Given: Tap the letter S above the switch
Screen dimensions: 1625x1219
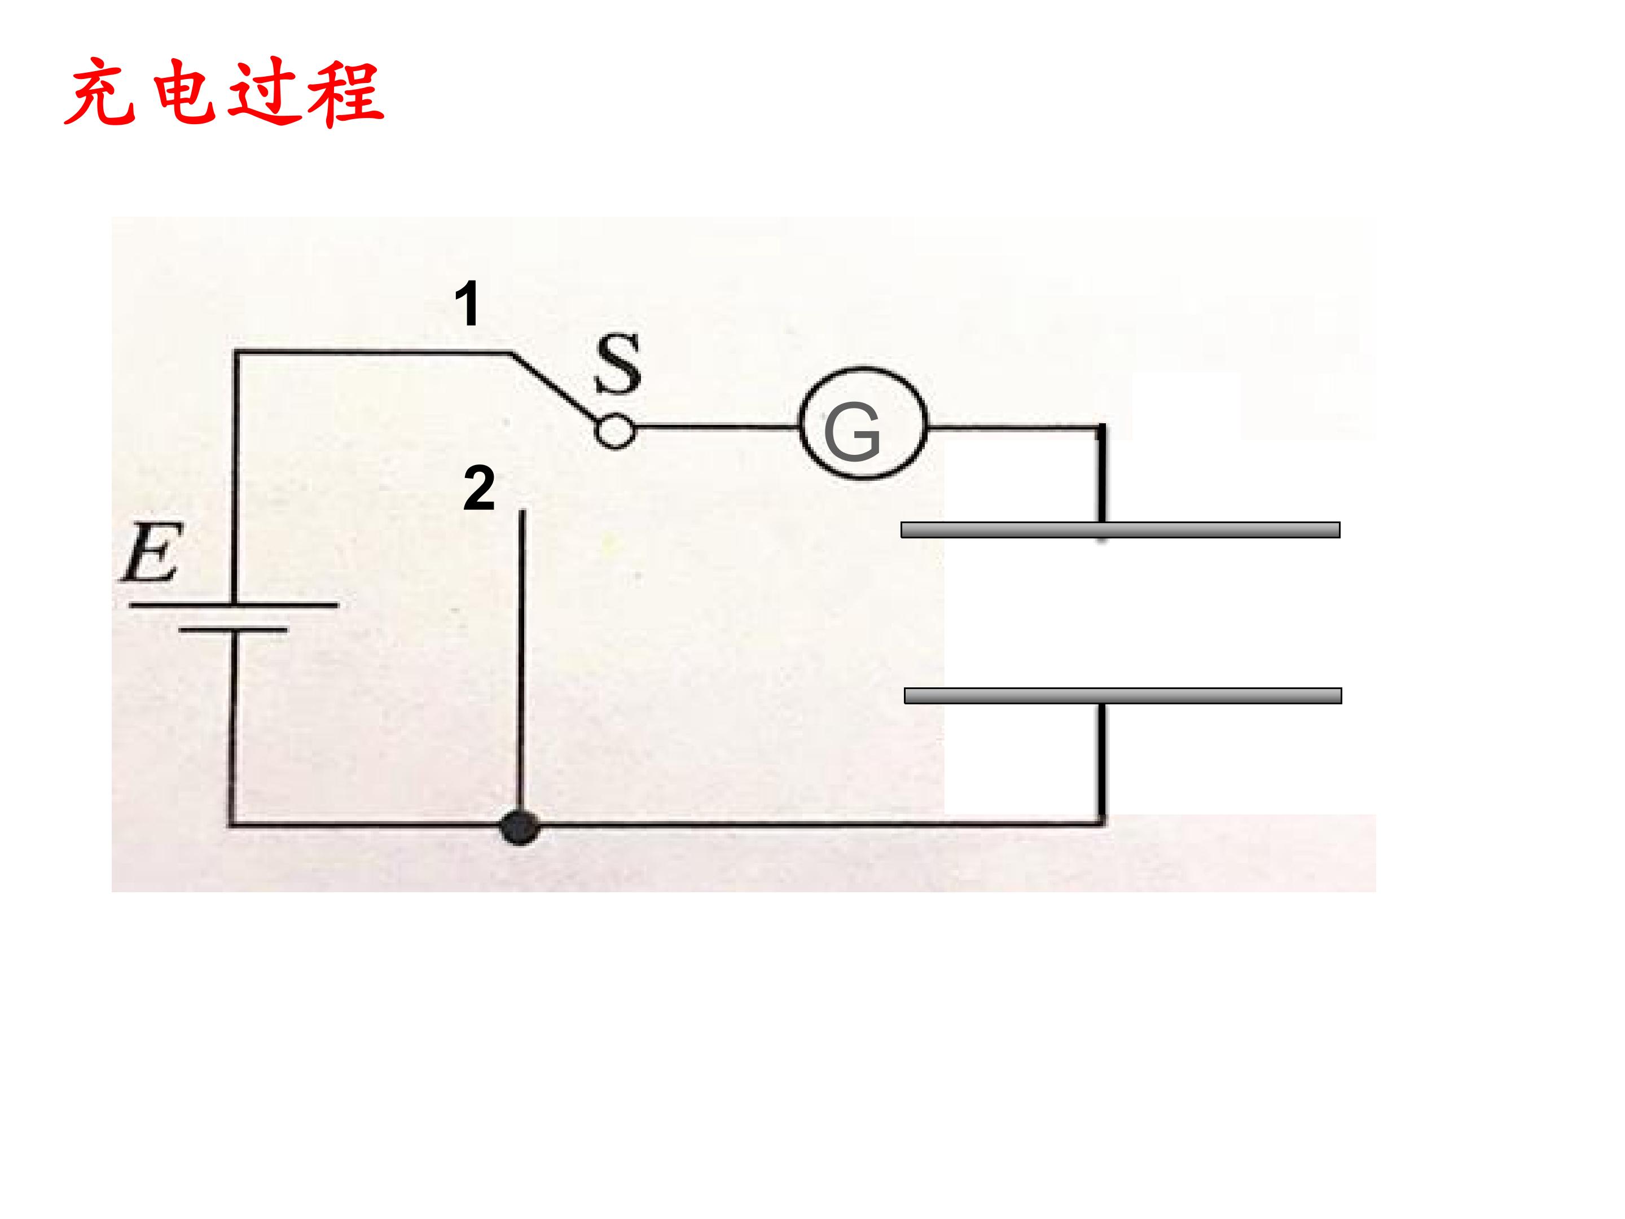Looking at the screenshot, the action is [617, 363].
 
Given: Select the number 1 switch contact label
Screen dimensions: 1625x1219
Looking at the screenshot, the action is [467, 304].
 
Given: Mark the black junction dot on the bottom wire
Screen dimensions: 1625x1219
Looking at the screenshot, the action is [520, 827].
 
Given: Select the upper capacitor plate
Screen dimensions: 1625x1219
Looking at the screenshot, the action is [1121, 530].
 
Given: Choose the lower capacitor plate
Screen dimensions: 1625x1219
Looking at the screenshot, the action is [1122, 695].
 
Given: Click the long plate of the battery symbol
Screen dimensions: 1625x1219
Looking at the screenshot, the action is [234, 605].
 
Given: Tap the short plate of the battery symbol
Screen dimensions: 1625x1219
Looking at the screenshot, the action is [234, 630].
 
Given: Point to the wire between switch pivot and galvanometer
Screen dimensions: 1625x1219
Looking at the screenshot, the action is [717, 426].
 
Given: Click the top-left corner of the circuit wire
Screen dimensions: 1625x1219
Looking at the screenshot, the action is [235, 353].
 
